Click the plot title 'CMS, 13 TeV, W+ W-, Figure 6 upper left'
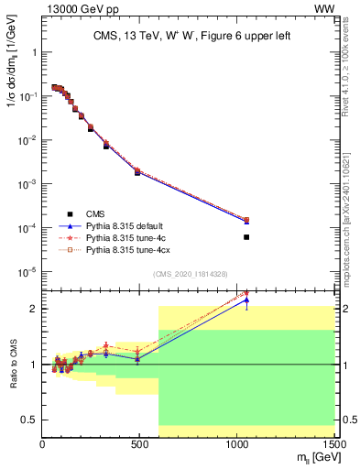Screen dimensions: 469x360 (188, 37)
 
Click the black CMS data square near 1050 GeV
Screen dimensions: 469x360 (246, 237)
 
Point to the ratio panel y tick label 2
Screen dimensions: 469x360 (34, 309)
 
